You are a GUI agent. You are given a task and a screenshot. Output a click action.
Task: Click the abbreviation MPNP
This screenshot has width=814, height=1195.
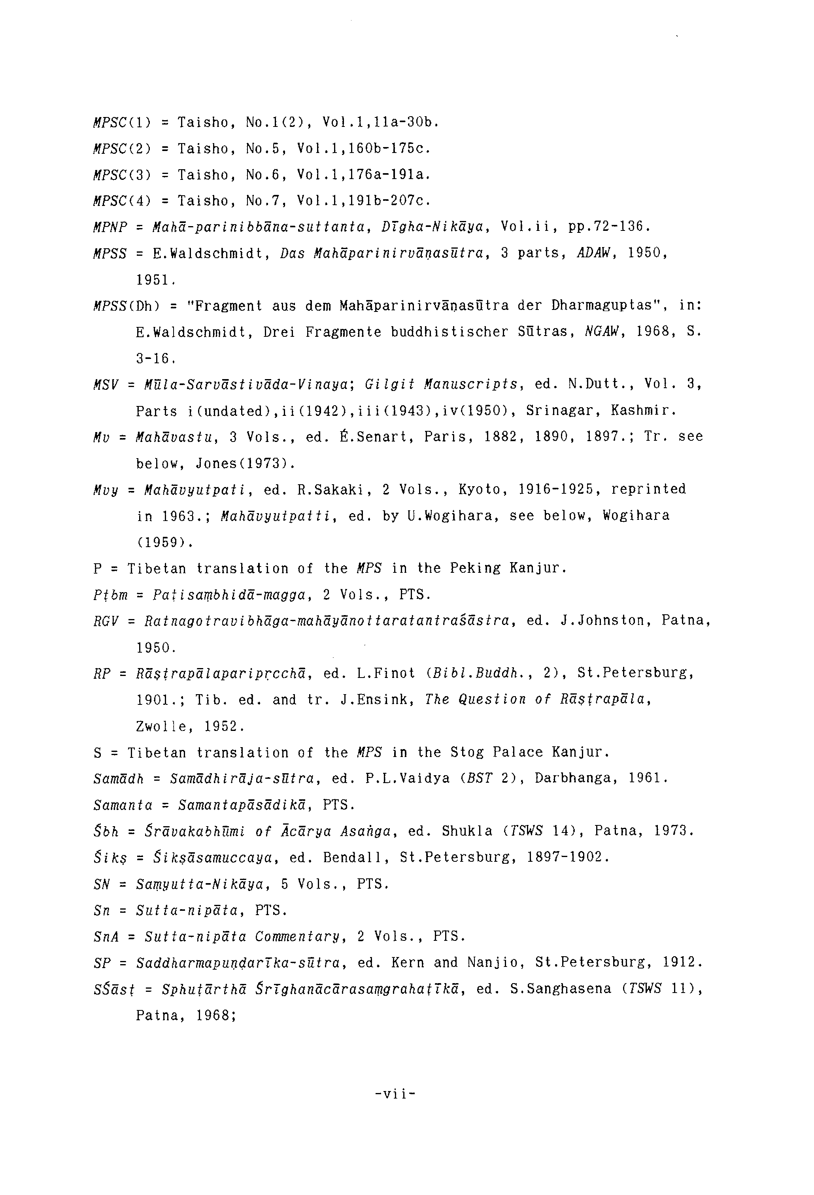tap(110, 227)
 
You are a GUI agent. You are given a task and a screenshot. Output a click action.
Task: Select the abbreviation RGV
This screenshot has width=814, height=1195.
tap(106, 621)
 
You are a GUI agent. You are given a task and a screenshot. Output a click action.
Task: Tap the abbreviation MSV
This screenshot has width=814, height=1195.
tap(106, 385)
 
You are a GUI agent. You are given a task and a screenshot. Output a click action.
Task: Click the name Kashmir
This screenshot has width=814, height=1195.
tap(643, 411)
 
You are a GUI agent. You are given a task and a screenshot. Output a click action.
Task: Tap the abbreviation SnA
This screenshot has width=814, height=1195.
tap(106, 936)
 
